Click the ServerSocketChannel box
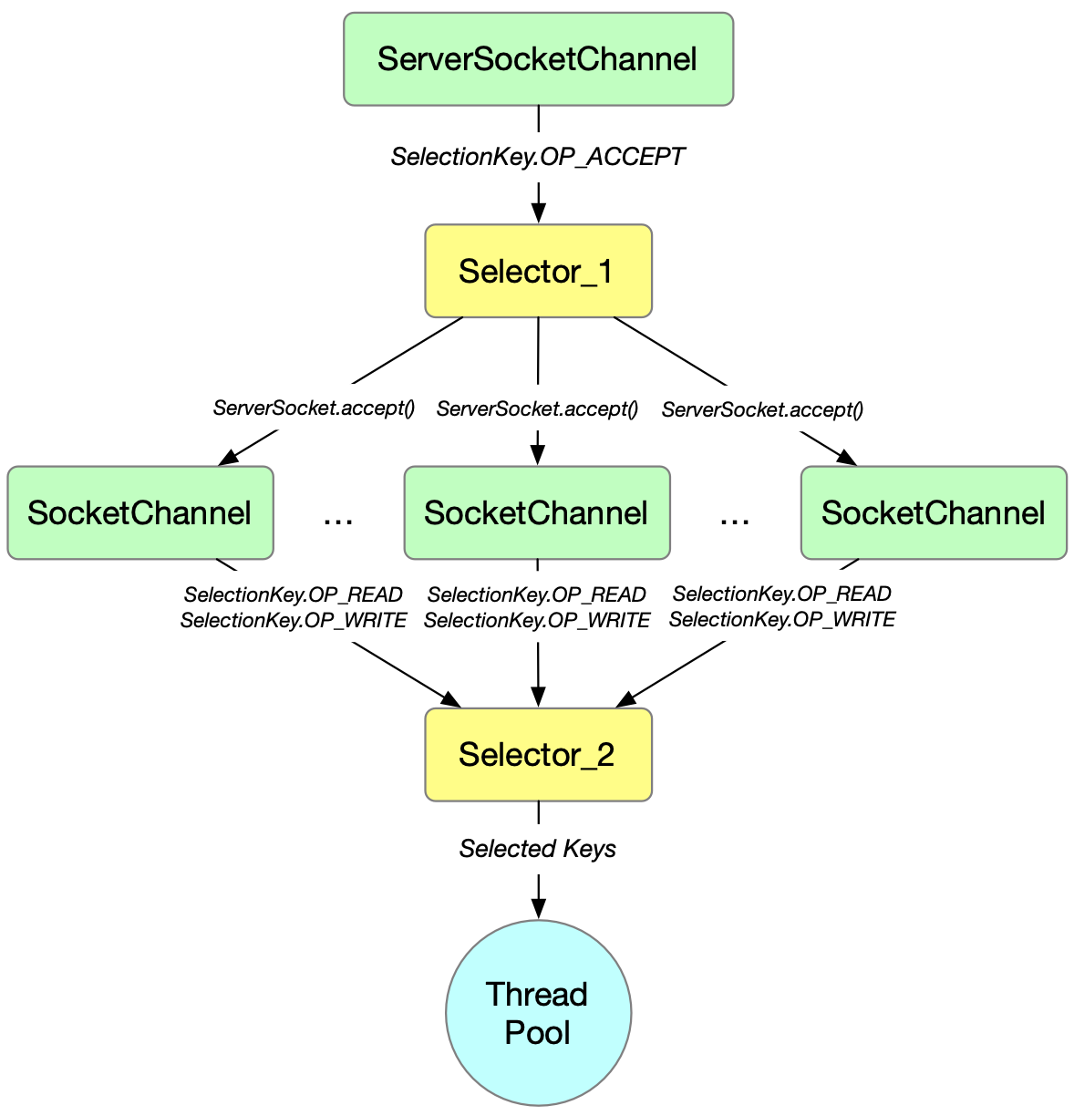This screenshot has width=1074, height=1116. click(538, 59)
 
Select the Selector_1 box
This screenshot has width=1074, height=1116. click(538, 271)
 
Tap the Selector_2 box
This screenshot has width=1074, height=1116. click(538, 755)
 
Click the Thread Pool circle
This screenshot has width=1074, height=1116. click(538, 1013)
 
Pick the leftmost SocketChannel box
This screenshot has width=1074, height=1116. click(140, 512)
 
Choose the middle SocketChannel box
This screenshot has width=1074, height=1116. click(537, 512)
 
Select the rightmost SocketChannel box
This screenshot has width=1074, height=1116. click(934, 512)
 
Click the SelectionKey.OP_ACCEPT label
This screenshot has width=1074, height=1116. click(538, 157)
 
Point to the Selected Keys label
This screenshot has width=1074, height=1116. click(538, 849)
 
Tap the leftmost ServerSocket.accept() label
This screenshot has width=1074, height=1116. click(314, 408)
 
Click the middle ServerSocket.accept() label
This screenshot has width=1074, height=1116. click(537, 408)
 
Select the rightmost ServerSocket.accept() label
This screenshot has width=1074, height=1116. click(762, 409)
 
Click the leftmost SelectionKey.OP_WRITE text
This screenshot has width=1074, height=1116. click(294, 621)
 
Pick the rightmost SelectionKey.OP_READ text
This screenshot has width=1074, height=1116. click(781, 594)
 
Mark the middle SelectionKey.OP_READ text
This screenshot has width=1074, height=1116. click(537, 594)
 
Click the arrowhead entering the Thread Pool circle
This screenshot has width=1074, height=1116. click(538, 909)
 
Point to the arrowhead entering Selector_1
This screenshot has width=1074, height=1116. click(538, 212)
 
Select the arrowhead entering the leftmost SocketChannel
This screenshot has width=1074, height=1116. click(229, 459)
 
